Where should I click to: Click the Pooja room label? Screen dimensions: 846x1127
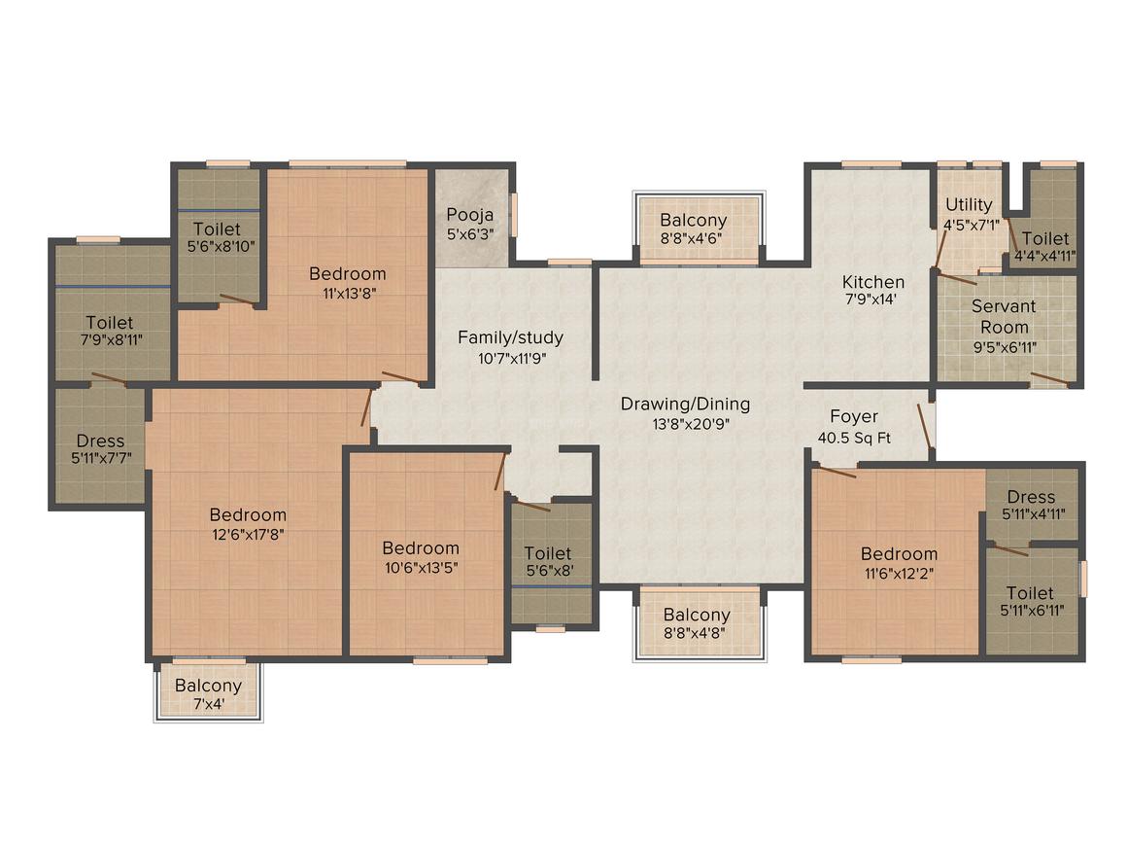pyautogui.click(x=470, y=215)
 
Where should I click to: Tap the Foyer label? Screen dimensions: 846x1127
pyautogui.click(x=854, y=416)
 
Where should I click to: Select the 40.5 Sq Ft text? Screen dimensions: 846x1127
pyautogui.click(x=854, y=439)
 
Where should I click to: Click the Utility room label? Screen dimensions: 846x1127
pyautogui.click(x=969, y=204)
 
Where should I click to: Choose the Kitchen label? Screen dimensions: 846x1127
pyautogui.click(x=873, y=282)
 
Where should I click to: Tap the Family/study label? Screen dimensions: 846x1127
pyautogui.click(x=510, y=338)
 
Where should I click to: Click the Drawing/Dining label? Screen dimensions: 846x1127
pyautogui.click(x=686, y=405)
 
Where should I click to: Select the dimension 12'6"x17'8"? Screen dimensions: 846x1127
pyautogui.click(x=248, y=533)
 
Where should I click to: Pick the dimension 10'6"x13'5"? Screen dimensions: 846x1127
pyautogui.click(x=420, y=568)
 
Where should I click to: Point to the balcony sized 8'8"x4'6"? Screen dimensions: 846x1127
pyautogui.click(x=693, y=229)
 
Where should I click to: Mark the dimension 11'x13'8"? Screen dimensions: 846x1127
pyautogui.click(x=347, y=293)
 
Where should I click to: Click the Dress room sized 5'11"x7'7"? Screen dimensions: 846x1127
pyautogui.click(x=100, y=450)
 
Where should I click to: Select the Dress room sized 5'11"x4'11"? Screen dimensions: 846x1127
pyautogui.click(x=1031, y=507)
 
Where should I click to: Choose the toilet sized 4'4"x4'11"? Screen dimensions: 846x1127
pyautogui.click(x=1045, y=247)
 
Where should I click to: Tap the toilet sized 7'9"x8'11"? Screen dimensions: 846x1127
pyautogui.click(x=109, y=331)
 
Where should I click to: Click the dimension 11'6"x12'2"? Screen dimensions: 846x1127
pyautogui.click(x=899, y=564)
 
